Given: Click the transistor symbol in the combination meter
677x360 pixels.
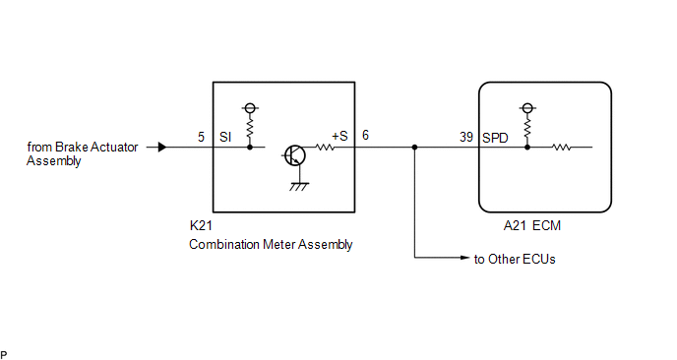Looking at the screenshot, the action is pyautogui.click(x=295, y=155).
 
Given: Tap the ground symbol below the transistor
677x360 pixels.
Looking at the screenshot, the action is pyautogui.click(x=299, y=187).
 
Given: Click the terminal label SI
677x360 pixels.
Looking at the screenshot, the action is pyautogui.click(x=225, y=137).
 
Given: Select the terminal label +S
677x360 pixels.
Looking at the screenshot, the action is pyautogui.click(x=339, y=136).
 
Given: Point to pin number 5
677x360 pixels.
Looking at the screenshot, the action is pyautogui.click(x=201, y=137).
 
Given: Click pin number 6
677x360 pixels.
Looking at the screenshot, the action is pyautogui.click(x=365, y=135).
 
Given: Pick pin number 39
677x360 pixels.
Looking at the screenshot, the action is pyautogui.click(x=466, y=137).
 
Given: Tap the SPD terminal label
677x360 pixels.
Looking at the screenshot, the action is pyautogui.click(x=495, y=138).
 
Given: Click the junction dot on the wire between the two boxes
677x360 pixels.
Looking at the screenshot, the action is pyautogui.click(x=414, y=148).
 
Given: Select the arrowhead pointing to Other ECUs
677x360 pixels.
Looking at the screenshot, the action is pyautogui.click(x=465, y=258).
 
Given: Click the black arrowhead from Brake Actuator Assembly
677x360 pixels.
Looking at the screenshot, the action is pyautogui.click(x=162, y=148).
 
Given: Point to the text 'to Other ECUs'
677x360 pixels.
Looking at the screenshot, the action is pyautogui.click(x=515, y=259).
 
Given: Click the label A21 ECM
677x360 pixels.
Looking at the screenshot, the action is pyautogui.click(x=532, y=226).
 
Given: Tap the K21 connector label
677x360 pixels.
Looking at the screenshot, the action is pyautogui.click(x=201, y=225).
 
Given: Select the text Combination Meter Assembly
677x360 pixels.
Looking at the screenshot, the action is pyautogui.click(x=271, y=244).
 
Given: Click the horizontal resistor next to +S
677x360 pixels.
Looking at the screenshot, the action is pyautogui.click(x=325, y=148).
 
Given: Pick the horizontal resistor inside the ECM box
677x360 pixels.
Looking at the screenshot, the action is pyautogui.click(x=561, y=148).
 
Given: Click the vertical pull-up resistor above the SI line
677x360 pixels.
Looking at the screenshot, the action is pyautogui.click(x=250, y=128).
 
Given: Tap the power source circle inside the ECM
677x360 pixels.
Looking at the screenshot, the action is pyautogui.click(x=527, y=108).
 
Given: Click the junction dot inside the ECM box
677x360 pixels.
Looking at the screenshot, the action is pyautogui.click(x=527, y=148).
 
